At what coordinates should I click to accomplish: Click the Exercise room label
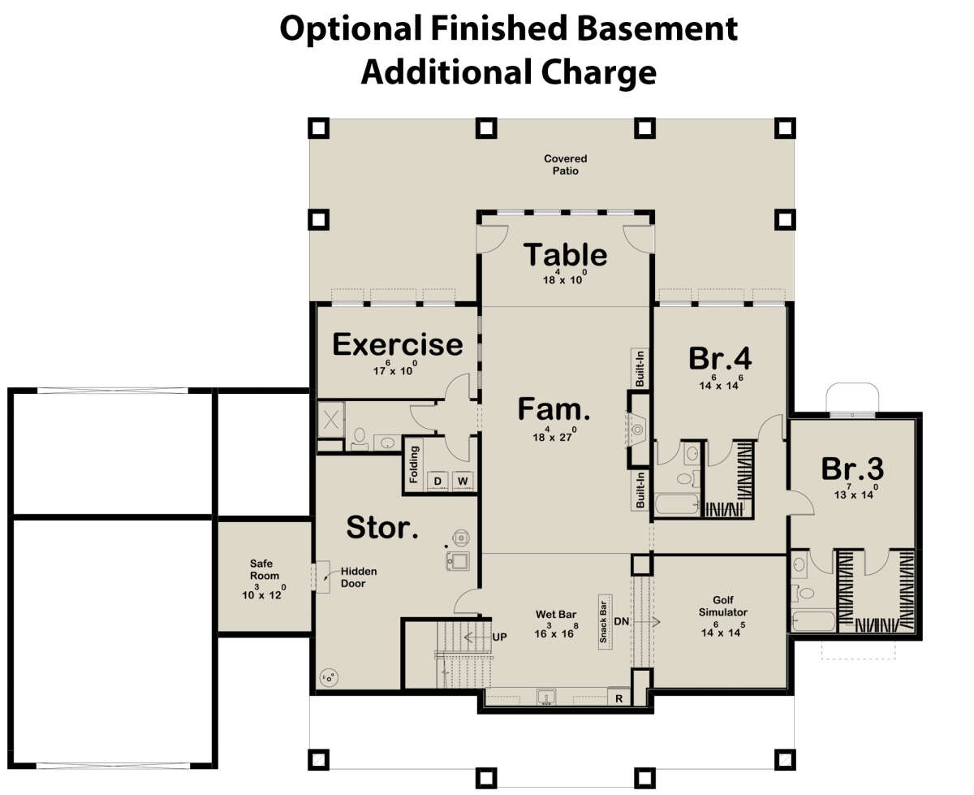point(397,344)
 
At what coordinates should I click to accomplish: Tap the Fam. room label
point(554,408)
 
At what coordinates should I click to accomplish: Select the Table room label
point(565,254)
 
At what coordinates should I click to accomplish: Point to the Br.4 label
point(719,358)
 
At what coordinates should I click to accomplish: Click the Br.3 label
point(852,469)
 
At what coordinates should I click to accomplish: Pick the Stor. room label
point(382,527)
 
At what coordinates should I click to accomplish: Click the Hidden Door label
point(359,577)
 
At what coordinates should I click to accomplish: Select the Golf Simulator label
point(722,606)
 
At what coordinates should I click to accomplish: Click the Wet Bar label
point(555,614)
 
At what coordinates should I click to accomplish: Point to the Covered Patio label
point(565,165)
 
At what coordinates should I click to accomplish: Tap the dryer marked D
point(437,482)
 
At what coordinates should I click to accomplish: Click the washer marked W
point(463,481)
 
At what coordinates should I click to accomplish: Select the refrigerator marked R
point(618,698)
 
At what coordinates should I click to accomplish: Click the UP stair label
point(499,637)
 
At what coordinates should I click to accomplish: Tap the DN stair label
point(621,621)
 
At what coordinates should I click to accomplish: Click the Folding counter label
point(414,464)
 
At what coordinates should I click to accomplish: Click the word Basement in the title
point(657,28)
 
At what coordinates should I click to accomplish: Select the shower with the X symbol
point(330,420)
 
